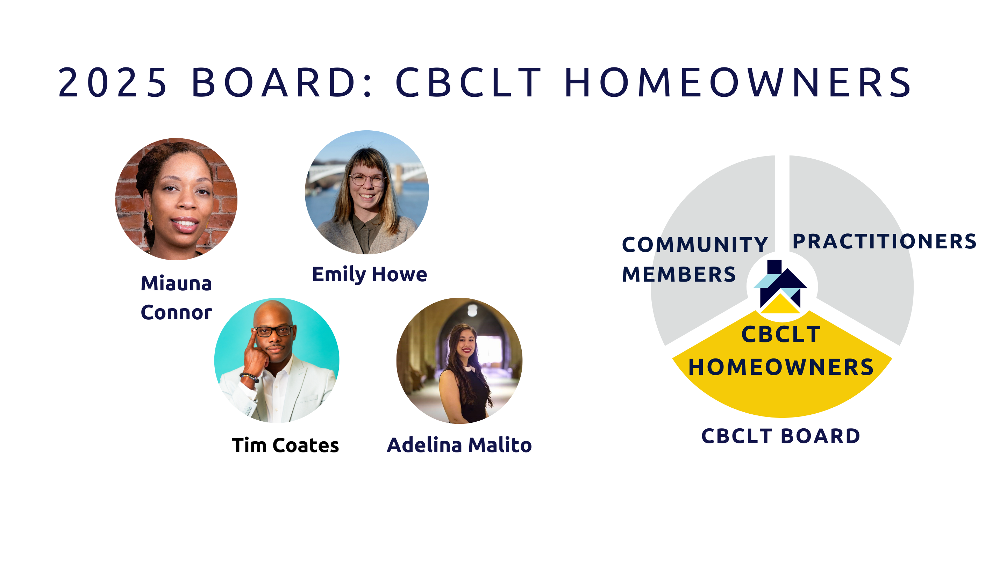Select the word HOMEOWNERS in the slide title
click(738, 82)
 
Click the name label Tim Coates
click(285, 445)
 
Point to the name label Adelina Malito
click(459, 445)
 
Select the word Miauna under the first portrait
click(176, 283)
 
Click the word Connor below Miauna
click(176, 312)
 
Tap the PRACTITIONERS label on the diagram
click(884, 241)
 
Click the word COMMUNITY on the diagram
click(695, 245)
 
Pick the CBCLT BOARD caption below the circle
click(781, 436)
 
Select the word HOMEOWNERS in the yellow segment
click(781, 367)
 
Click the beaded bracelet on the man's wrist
click(249, 377)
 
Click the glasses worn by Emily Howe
click(367, 180)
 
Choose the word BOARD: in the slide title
click(281, 82)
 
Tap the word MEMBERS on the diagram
click(679, 274)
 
